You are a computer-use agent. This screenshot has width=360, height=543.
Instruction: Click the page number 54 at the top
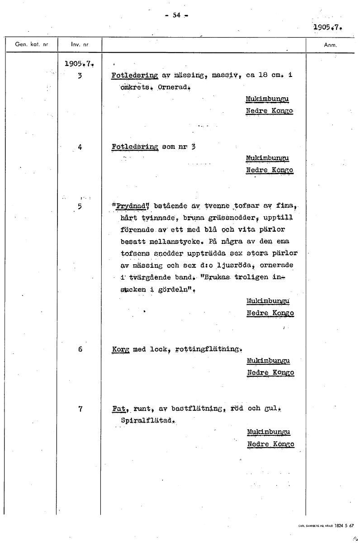[x=176, y=15]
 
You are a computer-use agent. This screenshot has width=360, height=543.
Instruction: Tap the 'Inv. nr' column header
[x=80, y=45]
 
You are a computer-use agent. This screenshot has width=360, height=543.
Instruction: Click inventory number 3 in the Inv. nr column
[x=80, y=76]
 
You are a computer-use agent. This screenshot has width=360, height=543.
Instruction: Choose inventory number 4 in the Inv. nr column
[x=80, y=147]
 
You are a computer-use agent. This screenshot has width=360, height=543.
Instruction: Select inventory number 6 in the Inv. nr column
[x=80, y=349]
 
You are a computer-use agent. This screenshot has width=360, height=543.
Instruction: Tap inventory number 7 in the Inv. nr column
[x=80, y=409]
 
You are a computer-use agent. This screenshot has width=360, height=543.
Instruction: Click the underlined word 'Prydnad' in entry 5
[x=131, y=206]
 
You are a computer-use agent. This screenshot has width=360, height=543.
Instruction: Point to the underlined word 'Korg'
[x=120, y=349]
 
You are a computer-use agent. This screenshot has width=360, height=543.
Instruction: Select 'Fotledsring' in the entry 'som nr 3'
[x=134, y=147]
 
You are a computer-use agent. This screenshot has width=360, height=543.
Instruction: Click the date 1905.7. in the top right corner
[x=327, y=27]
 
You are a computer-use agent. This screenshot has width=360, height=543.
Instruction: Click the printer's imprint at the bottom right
[x=326, y=526]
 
